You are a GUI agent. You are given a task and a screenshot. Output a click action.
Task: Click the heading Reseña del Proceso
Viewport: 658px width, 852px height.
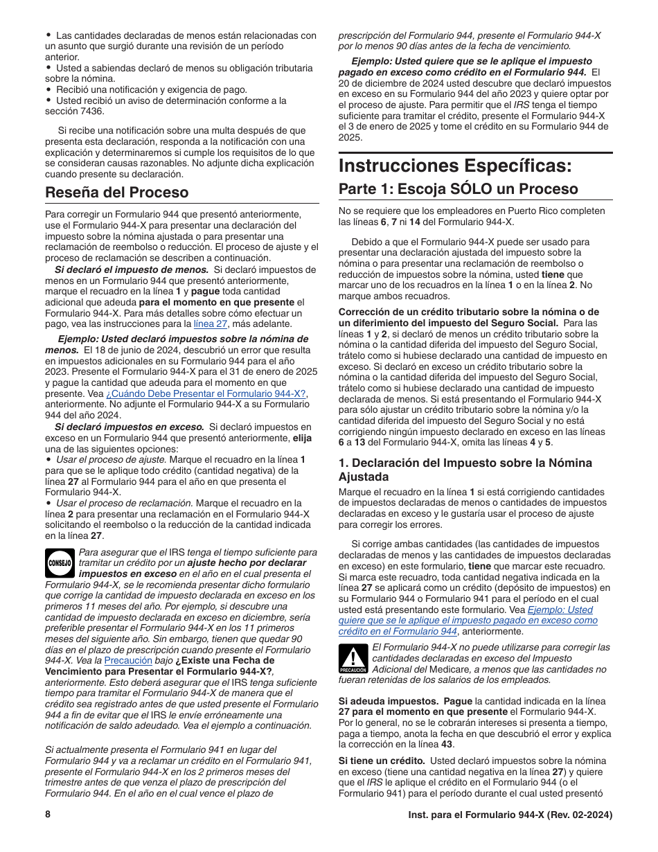point(116,192)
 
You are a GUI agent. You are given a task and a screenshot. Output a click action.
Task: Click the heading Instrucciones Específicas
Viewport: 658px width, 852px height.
point(456,166)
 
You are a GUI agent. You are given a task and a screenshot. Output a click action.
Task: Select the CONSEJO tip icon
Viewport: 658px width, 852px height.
point(60,562)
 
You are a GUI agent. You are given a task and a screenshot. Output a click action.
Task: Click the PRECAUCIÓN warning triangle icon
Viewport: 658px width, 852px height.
point(352,659)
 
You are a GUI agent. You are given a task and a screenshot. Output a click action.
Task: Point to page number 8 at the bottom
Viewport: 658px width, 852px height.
point(48,815)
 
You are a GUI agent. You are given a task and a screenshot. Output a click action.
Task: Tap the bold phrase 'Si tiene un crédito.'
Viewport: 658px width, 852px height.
point(381,760)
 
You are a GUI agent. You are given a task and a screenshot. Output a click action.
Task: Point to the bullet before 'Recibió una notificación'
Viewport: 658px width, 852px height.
point(48,89)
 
